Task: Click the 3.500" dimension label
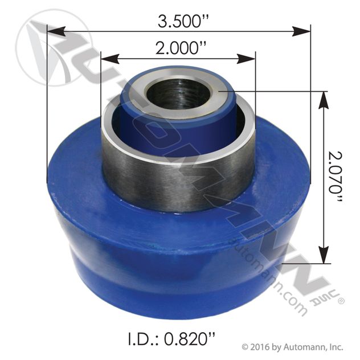click(183, 22)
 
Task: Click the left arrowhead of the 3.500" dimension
click(56, 31)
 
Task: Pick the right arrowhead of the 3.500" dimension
click(301, 31)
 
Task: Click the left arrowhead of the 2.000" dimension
click(110, 59)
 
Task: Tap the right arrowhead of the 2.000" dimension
click(246, 59)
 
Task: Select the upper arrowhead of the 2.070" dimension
click(324, 101)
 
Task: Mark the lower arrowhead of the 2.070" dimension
click(324, 255)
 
